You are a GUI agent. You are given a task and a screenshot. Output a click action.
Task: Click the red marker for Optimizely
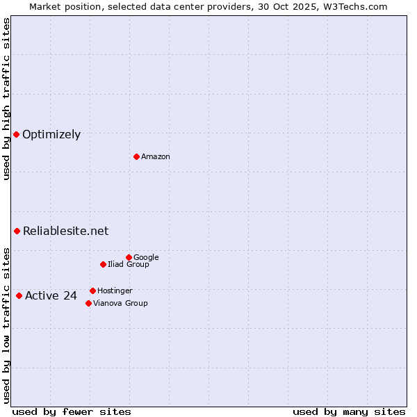coord(16,134)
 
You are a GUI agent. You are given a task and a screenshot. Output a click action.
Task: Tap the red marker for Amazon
coord(136,156)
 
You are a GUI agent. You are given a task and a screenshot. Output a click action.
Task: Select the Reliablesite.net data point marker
coord(17,231)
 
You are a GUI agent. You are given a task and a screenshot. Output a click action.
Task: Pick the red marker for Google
coord(129,257)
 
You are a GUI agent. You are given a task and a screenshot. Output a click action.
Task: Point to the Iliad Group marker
coord(103,264)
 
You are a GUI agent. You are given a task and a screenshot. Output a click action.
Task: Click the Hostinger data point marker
coord(92,291)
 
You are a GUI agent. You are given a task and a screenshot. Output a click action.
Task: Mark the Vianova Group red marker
coord(88,303)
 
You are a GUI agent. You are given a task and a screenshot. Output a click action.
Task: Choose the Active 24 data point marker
coord(19,295)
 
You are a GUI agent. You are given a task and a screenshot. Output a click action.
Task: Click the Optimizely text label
coord(51,135)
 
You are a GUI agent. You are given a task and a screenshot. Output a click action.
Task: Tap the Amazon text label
coord(156,157)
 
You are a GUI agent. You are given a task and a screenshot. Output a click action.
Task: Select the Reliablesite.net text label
coord(65,231)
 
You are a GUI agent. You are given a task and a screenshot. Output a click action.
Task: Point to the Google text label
coord(146,258)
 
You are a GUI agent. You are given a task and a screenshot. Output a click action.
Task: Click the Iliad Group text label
coord(129,265)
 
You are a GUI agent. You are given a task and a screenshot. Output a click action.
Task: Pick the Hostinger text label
coord(115,291)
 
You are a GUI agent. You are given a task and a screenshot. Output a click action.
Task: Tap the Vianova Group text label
coord(120,304)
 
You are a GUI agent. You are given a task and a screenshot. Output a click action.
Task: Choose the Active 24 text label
coord(51,296)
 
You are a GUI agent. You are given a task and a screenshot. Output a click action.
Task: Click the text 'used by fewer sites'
coord(72,412)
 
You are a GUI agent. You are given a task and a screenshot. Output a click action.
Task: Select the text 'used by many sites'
coord(348,412)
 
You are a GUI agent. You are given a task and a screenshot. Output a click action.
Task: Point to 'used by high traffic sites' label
coord(6,99)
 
